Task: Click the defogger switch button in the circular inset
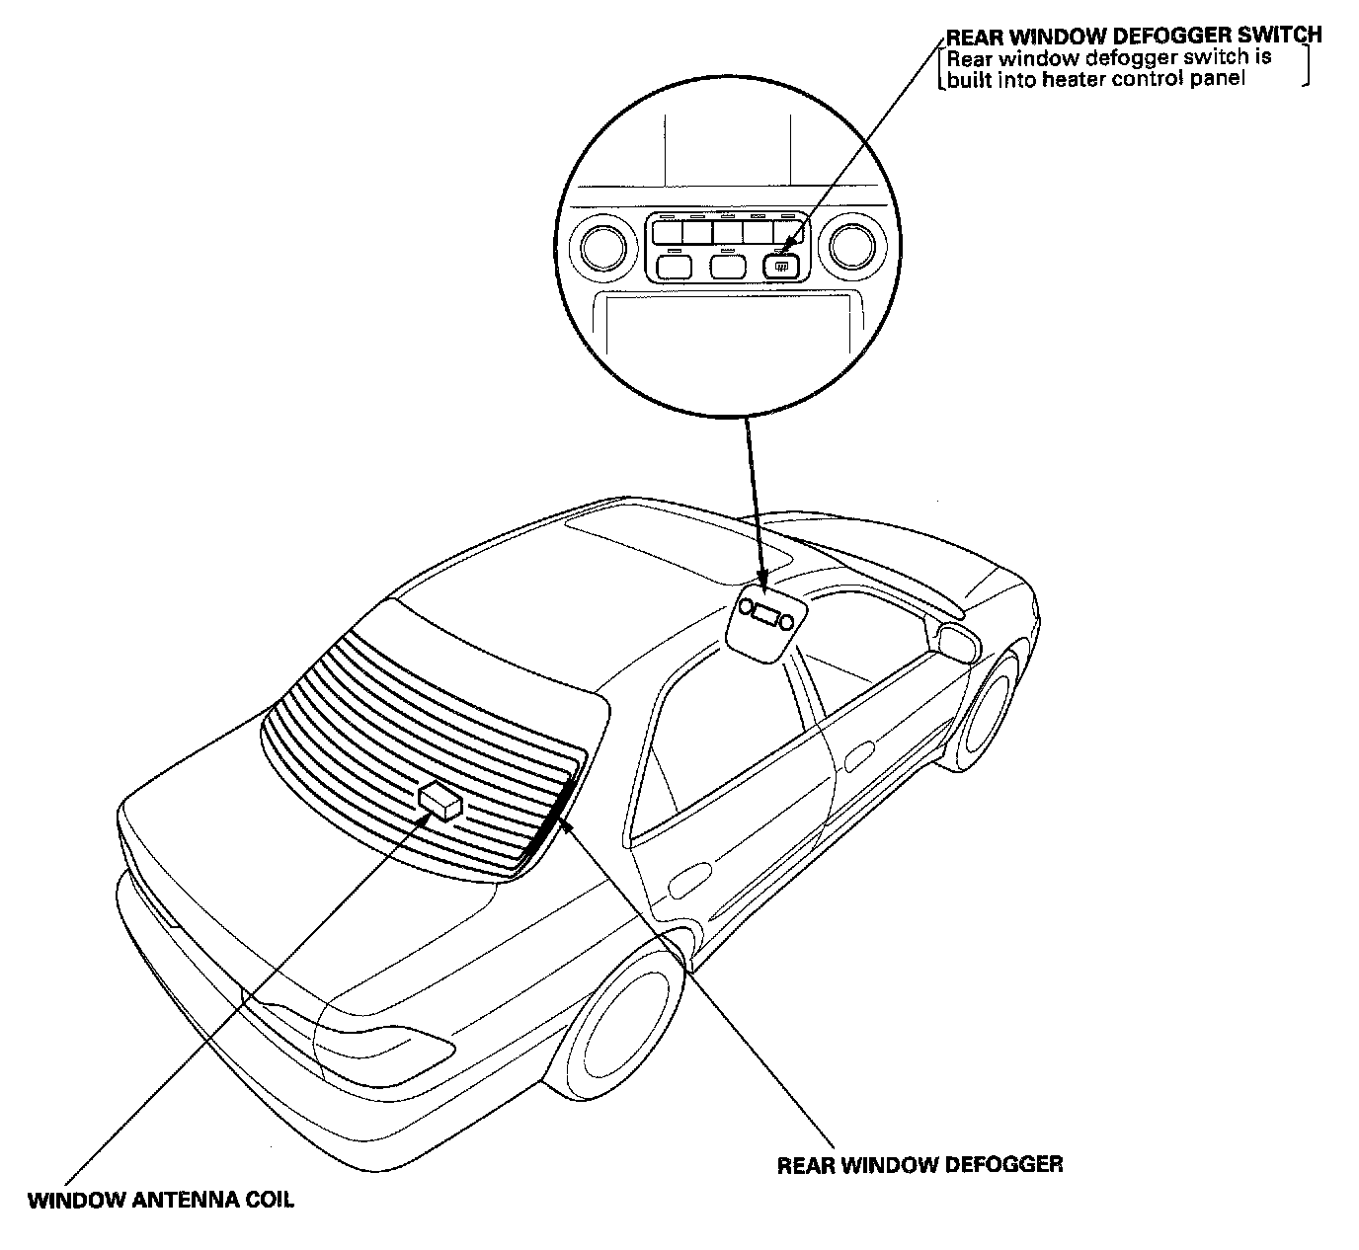pyautogui.click(x=780, y=265)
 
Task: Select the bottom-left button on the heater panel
pyautogui.click(x=675, y=266)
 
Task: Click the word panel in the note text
pyautogui.click(x=1220, y=80)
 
